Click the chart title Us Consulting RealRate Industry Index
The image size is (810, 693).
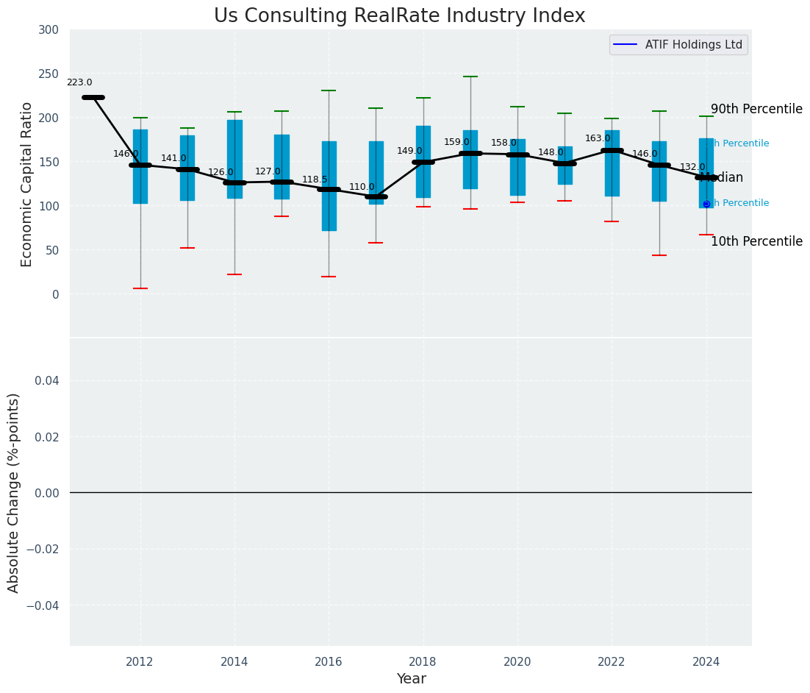(x=399, y=16)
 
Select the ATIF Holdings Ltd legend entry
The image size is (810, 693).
(x=678, y=45)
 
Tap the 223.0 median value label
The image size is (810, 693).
(x=79, y=83)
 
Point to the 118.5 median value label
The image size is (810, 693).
(x=315, y=180)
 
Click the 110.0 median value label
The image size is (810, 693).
(x=362, y=188)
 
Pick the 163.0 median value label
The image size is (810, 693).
(x=598, y=138)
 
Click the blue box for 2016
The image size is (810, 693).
(x=329, y=186)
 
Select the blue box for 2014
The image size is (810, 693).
(x=234, y=159)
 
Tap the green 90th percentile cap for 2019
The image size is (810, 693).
(x=470, y=77)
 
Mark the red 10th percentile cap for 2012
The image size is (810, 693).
(x=140, y=288)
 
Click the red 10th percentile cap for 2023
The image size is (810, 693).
(x=659, y=255)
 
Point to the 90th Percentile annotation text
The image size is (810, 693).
(x=756, y=109)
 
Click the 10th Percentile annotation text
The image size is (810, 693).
(x=756, y=241)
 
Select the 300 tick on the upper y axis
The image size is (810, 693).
(x=50, y=29)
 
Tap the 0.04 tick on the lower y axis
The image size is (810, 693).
(x=43, y=380)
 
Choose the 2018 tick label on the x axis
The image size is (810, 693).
(x=423, y=662)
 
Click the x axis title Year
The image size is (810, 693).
(x=411, y=679)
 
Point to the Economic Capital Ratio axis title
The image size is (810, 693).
(x=27, y=184)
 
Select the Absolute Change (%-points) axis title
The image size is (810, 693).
(x=14, y=492)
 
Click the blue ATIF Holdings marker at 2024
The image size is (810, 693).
(x=706, y=204)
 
